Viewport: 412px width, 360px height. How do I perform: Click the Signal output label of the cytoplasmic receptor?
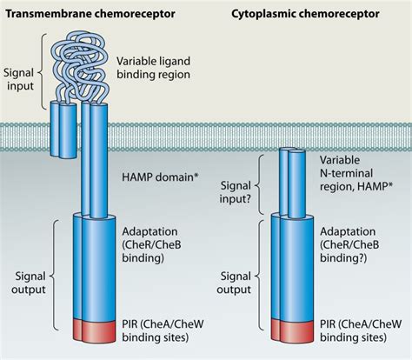tap(236, 281)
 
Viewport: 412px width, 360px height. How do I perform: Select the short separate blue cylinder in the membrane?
tap(63, 129)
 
